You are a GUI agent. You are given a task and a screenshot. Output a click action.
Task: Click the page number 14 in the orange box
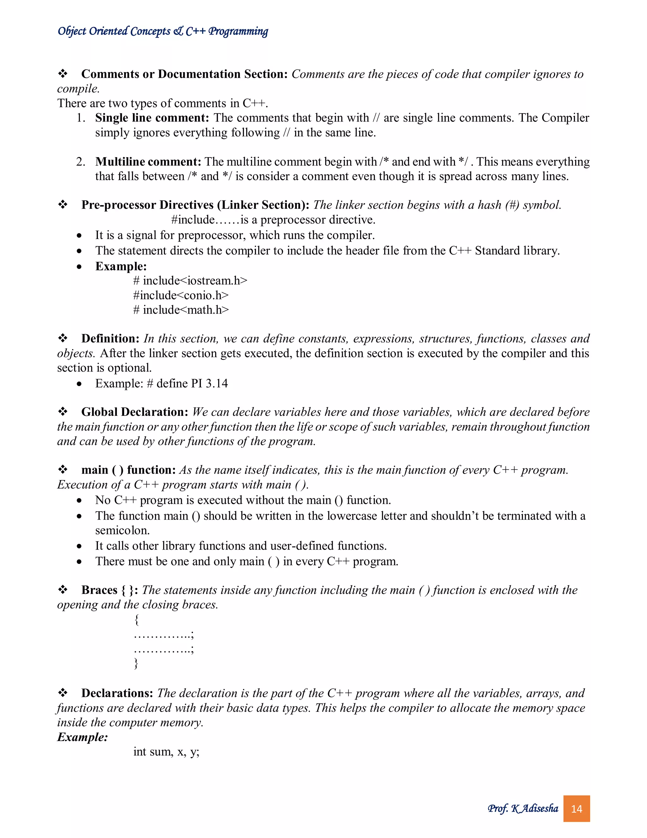[x=576, y=809]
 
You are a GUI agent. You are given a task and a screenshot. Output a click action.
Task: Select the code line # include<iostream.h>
[x=190, y=280]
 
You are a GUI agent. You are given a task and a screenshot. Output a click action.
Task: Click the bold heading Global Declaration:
[x=135, y=412]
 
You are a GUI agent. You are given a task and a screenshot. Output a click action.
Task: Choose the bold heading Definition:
[x=110, y=338]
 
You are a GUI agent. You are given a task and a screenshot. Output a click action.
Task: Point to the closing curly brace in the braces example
[x=136, y=663]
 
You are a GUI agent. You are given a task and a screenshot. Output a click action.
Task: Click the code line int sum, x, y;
[x=166, y=751]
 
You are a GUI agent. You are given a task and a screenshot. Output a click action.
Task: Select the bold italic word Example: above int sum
[x=82, y=737]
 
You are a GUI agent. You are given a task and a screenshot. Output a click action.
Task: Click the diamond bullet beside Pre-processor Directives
[x=63, y=205]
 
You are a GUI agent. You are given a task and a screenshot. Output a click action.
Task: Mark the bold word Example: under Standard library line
[x=121, y=266]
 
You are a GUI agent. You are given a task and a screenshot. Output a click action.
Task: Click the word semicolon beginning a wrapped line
[x=122, y=531]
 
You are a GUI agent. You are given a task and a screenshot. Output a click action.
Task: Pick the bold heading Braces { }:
[x=110, y=590]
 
